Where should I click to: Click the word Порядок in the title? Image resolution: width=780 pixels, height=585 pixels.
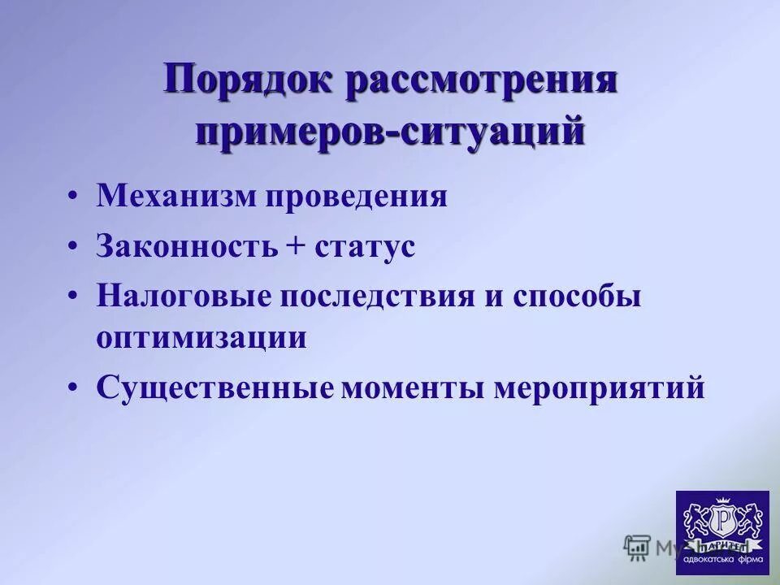248,83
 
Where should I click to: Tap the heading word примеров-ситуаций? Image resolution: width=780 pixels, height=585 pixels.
390,130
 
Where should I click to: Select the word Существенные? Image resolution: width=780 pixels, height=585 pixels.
215,388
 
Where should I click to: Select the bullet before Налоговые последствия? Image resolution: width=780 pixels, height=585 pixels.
74,297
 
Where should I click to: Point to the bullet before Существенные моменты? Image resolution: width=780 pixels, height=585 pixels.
74,388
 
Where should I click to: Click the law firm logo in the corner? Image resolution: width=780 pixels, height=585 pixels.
721,532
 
